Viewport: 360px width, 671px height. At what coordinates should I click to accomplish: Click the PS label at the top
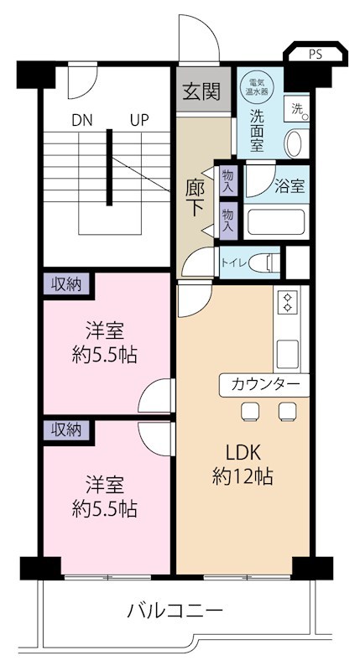tap(315, 55)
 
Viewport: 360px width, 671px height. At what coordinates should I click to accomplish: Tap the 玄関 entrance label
tap(202, 91)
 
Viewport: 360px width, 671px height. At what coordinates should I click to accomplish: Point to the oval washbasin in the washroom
tap(294, 143)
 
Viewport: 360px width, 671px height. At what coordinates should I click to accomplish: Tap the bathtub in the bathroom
tap(276, 222)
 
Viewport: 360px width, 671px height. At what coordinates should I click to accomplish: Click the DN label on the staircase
tap(81, 120)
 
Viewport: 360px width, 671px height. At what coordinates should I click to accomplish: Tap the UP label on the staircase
tap(139, 120)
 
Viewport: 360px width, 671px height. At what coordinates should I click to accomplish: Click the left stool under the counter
tap(249, 410)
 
